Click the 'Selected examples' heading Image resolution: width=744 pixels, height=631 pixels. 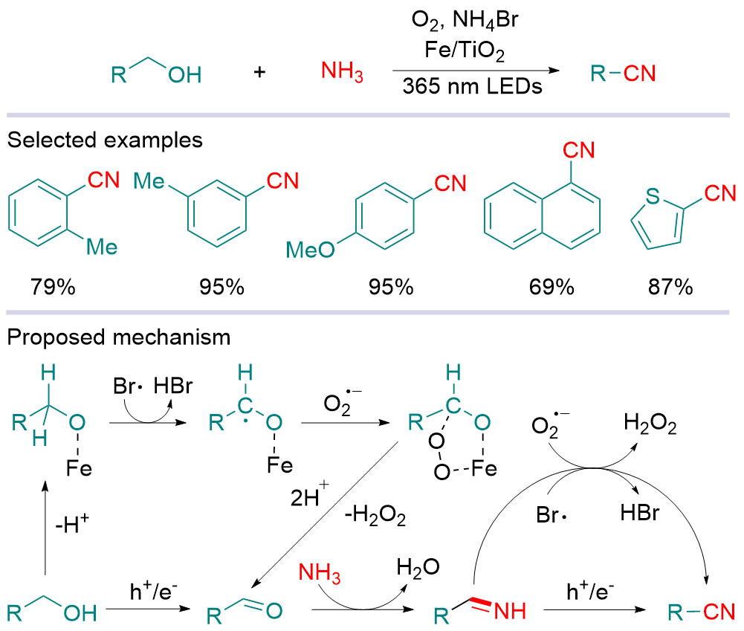(105, 140)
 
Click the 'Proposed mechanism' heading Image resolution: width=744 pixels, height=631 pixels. (119, 337)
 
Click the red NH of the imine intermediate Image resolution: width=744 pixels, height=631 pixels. (509, 612)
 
